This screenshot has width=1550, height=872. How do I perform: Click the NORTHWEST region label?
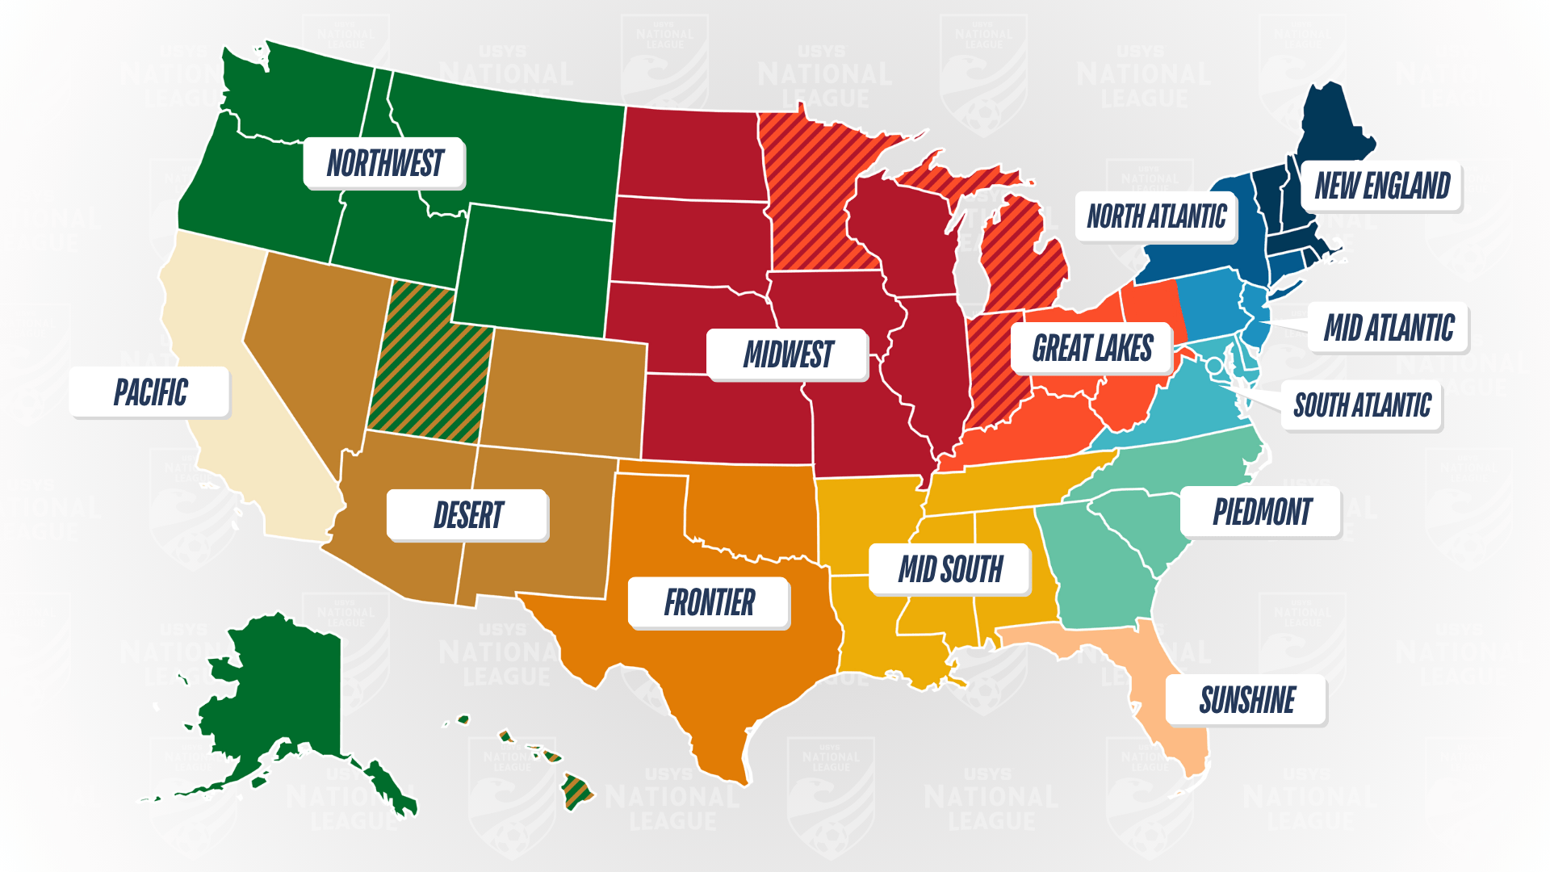point(384,163)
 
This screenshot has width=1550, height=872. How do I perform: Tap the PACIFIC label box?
point(150,392)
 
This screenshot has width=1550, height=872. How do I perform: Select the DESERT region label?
point(468,515)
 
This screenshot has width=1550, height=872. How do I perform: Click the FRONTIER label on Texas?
point(709,602)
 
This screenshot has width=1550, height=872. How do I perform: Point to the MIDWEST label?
point(788,354)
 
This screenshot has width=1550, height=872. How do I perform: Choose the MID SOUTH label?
point(950,569)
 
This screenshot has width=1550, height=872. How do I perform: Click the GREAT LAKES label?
point(1091,348)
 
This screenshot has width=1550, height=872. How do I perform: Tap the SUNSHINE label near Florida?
point(1246,700)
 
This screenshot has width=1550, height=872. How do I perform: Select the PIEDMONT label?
point(1262,512)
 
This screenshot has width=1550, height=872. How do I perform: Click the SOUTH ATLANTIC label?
point(1362,405)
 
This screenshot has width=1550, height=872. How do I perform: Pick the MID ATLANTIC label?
point(1389,328)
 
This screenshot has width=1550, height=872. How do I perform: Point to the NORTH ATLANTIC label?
point(1156,216)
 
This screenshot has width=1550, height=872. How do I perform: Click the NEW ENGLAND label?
point(1382,186)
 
